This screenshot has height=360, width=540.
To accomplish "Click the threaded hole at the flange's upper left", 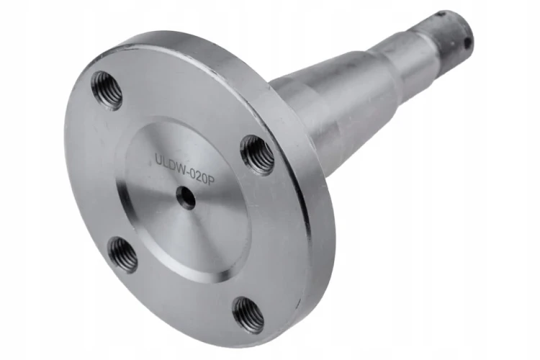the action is pyautogui.click(x=107, y=90).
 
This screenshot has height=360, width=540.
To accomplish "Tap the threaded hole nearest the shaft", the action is pyautogui.click(x=258, y=154).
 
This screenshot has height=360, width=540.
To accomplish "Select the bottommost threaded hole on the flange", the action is pyautogui.click(x=249, y=315).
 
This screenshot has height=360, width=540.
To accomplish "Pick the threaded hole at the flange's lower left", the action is pyautogui.click(x=122, y=254).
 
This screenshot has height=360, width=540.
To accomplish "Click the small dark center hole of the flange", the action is pyautogui.click(x=186, y=197).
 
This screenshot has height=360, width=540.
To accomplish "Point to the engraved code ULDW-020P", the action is pyautogui.click(x=185, y=169).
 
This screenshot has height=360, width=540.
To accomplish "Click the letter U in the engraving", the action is pyautogui.click(x=158, y=160).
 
